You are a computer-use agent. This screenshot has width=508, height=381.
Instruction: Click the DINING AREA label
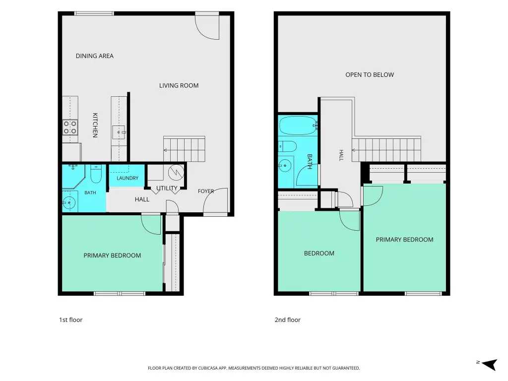pyautogui.click(x=95, y=56)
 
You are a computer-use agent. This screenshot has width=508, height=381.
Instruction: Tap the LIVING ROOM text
pyautogui.click(x=179, y=85)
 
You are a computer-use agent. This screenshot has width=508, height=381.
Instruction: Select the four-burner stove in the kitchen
pyautogui.click(x=70, y=127)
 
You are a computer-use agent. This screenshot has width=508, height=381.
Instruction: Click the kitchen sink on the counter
pyautogui.click(x=119, y=132)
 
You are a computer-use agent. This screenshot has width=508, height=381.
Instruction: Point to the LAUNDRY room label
pyautogui.click(x=127, y=178)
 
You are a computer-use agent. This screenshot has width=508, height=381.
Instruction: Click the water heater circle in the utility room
pyautogui.click(x=176, y=172)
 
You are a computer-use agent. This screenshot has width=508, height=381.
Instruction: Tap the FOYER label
pyautogui.click(x=206, y=191)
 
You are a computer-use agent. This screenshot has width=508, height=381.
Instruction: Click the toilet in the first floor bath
pyautogui.click(x=96, y=174)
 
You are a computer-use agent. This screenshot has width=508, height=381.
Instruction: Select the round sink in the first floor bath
pyautogui.click(x=68, y=203)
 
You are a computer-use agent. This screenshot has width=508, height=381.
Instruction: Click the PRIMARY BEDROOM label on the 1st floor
pyautogui.click(x=112, y=255)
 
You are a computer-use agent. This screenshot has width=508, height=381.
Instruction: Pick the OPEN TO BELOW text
pyautogui.click(x=370, y=75)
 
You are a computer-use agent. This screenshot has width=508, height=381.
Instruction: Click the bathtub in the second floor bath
pyautogui.click(x=298, y=126)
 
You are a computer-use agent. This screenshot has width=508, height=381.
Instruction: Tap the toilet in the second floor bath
pyautogui.click(x=287, y=146)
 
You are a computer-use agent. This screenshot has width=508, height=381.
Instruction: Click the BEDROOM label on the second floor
pyautogui.click(x=319, y=254)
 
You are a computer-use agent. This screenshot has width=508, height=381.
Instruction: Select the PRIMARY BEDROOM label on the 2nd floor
pyautogui.click(x=404, y=240)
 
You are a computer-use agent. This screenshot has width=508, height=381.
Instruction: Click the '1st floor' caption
pyautogui.click(x=70, y=320)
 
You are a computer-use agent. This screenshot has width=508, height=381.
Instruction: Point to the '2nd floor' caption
pyautogui.click(x=288, y=320)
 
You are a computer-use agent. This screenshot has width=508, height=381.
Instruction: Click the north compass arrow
pyautogui.click(x=489, y=364)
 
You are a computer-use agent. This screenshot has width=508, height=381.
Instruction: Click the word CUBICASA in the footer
pyautogui.click(x=207, y=368)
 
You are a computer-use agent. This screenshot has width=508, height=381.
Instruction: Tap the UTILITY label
pyautogui.click(x=167, y=188)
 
